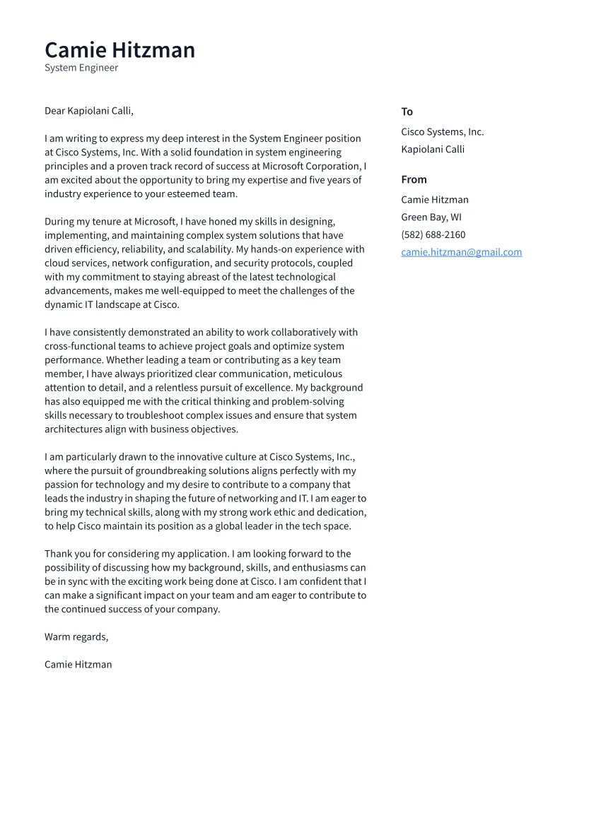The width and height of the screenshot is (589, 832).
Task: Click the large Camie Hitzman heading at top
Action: pos(119,50)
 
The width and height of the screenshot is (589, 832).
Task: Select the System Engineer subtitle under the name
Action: pos(81,68)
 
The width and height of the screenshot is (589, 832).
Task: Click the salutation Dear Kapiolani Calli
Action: pos(88,111)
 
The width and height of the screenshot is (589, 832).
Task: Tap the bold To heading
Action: pos(407,112)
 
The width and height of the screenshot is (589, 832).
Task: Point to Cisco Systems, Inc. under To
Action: pos(442,132)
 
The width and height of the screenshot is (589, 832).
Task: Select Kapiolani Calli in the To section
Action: pos(433,149)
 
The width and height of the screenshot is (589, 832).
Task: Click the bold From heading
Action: pos(414,179)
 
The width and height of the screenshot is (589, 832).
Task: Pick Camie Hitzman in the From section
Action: pos(434,200)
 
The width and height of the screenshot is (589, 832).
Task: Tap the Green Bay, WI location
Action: pos(431,218)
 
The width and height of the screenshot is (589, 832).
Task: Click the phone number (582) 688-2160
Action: pos(433,234)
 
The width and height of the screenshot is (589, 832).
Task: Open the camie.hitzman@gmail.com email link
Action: pos(461,252)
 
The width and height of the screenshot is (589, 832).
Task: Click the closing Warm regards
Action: pos(76,637)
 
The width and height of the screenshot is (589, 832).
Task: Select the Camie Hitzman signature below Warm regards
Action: pos(78,665)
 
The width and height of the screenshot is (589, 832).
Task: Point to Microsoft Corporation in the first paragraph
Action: pos(311,167)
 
